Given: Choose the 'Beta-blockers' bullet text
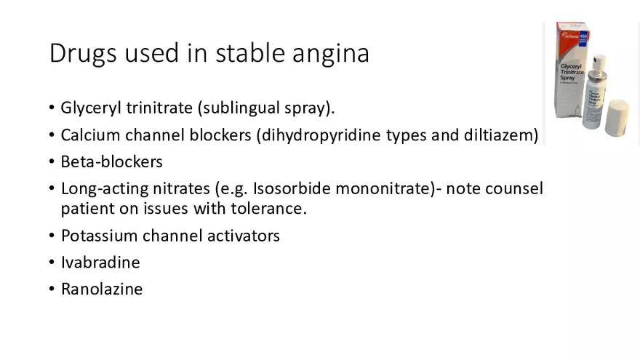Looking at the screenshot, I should pos(111,161).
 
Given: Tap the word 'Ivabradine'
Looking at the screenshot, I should pos(100,262).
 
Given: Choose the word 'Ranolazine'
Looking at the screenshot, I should pos(102,289).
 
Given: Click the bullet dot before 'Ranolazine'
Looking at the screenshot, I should pos(52,289).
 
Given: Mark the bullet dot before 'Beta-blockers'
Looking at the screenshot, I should pos(52,161).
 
